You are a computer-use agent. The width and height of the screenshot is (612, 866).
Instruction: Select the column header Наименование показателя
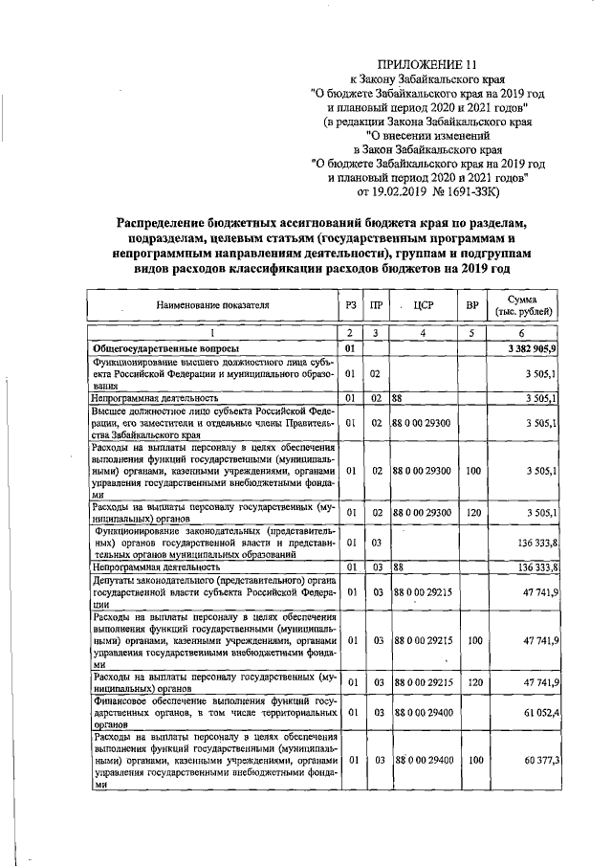pyautogui.click(x=213, y=305)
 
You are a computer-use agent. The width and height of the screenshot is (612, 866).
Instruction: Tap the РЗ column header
pyautogui.click(x=351, y=305)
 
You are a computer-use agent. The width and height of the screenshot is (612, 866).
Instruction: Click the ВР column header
pyautogui.click(x=471, y=305)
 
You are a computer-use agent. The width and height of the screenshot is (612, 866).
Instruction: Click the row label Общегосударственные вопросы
pyautogui.click(x=165, y=348)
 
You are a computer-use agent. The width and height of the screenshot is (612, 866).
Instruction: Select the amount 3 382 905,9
pyautogui.click(x=532, y=348)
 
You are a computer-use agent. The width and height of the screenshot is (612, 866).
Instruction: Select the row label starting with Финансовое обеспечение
pyautogui.click(x=213, y=713)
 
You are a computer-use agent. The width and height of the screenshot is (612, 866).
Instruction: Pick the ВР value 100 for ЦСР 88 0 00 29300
pyautogui.click(x=471, y=470)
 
